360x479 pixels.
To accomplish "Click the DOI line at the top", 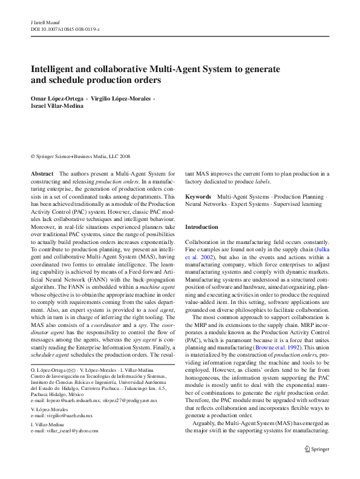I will tap(65, 28).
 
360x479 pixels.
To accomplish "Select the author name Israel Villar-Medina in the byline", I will tap(57, 107).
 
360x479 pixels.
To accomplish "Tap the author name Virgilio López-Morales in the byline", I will tap(120, 99).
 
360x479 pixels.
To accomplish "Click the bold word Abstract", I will tap(42, 174).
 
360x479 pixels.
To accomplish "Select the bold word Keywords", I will tap(198, 197).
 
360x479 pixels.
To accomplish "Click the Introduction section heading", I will tap(201, 227).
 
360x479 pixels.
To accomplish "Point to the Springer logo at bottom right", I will tap(316, 449).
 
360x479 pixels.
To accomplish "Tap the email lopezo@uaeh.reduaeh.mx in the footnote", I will tap(64, 400).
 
